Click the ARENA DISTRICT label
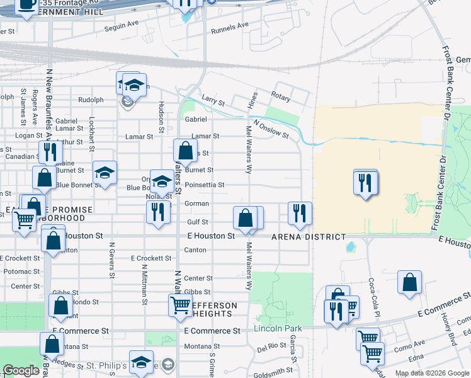pos(309,237)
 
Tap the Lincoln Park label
pos(278,328)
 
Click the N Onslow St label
pos(271,129)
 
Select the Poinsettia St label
pos(205,185)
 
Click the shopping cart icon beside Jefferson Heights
pos(180,306)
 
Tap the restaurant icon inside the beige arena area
pos(366,183)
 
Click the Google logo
pos(21,370)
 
